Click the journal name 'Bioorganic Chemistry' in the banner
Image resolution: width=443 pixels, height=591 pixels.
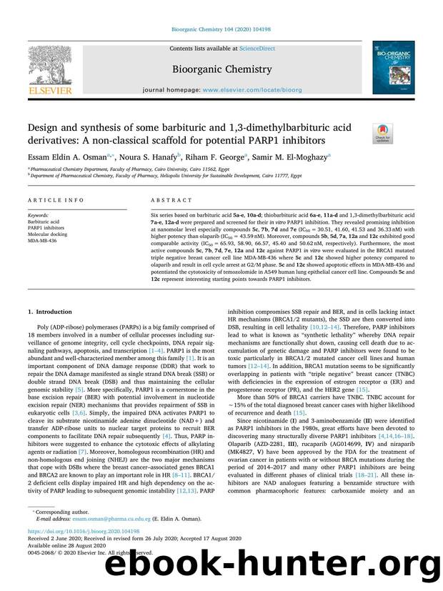pos(221,69)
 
